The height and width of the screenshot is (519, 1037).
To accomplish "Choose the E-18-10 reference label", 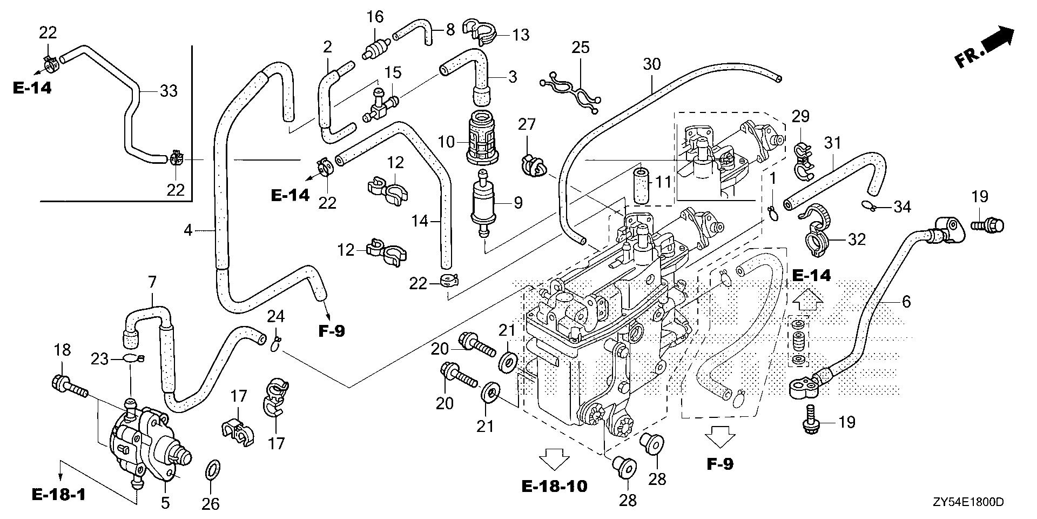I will point(555,486).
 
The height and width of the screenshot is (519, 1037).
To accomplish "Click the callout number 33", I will point(169,91).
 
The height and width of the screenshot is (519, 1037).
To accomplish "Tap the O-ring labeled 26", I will point(213,470).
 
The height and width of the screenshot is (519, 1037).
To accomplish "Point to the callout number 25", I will point(580,48).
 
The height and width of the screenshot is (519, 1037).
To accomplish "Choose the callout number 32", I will point(857,239).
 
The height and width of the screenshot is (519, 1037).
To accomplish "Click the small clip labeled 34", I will point(868,205).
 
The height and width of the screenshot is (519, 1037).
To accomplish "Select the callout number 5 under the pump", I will point(165,502).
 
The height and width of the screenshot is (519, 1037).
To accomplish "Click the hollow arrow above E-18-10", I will point(555,460).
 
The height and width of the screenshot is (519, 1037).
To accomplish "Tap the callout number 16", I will point(375,17).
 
